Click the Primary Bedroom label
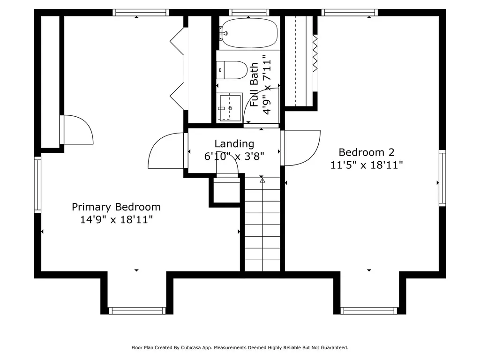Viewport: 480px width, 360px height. pos(116,207)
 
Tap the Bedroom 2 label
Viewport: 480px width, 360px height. pos(367,152)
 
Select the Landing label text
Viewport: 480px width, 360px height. pos(234,143)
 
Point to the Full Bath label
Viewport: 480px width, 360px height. pos(254,84)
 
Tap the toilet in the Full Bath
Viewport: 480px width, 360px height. pos(232,70)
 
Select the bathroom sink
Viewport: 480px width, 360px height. pos(230,108)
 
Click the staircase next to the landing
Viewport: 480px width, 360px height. pos(262,224)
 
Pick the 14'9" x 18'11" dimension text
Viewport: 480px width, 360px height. pos(116,219)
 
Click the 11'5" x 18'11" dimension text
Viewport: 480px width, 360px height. pos(367,165)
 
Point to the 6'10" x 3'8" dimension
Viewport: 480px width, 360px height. pos(234,157)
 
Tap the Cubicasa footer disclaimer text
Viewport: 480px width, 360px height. pos(240,347)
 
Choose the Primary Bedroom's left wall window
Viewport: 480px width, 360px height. pos(37,185)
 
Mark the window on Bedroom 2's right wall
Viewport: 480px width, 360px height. pos(442,178)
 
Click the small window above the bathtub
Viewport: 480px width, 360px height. pos(249,13)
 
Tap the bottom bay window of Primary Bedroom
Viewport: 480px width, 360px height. pos(137,311)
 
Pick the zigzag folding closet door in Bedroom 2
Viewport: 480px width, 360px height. pos(315,53)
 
